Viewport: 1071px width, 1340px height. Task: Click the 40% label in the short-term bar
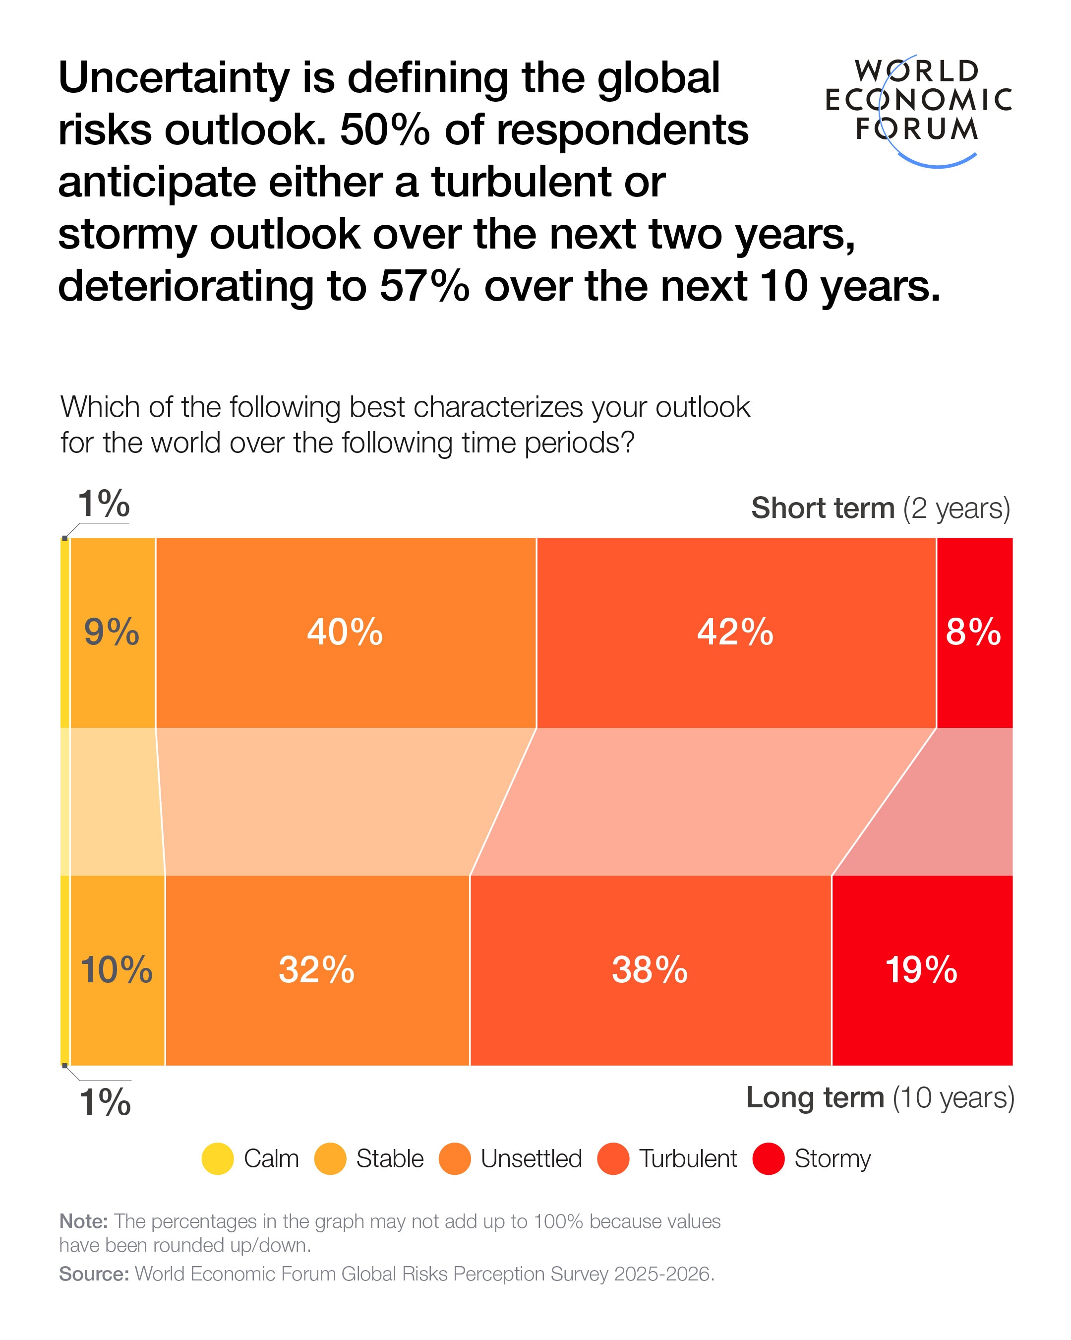pos(345,632)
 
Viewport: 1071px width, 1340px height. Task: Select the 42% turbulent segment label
pos(735,632)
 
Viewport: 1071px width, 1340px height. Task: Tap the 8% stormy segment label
pos(973,632)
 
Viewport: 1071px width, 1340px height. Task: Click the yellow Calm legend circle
pos(218,1158)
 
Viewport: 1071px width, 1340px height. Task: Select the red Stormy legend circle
pos(769,1158)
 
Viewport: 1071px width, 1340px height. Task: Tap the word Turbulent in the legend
pos(688,1158)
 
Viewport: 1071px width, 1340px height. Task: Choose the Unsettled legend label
pos(531,1158)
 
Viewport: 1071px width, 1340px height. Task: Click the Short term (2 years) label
pos(880,509)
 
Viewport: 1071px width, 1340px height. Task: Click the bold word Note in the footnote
pos(83,1221)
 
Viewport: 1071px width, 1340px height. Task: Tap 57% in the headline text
pos(424,287)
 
